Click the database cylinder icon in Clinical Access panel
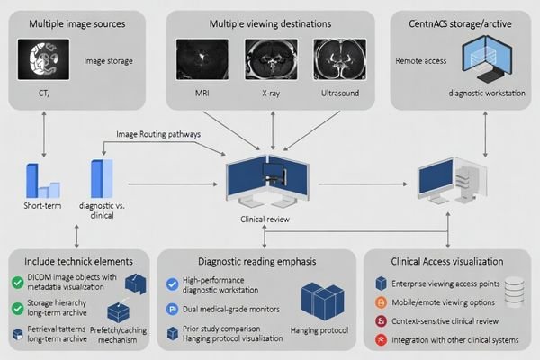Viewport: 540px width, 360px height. pyautogui.click(x=512, y=291)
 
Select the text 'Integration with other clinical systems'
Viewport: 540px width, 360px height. pyautogui.click(x=454, y=340)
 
